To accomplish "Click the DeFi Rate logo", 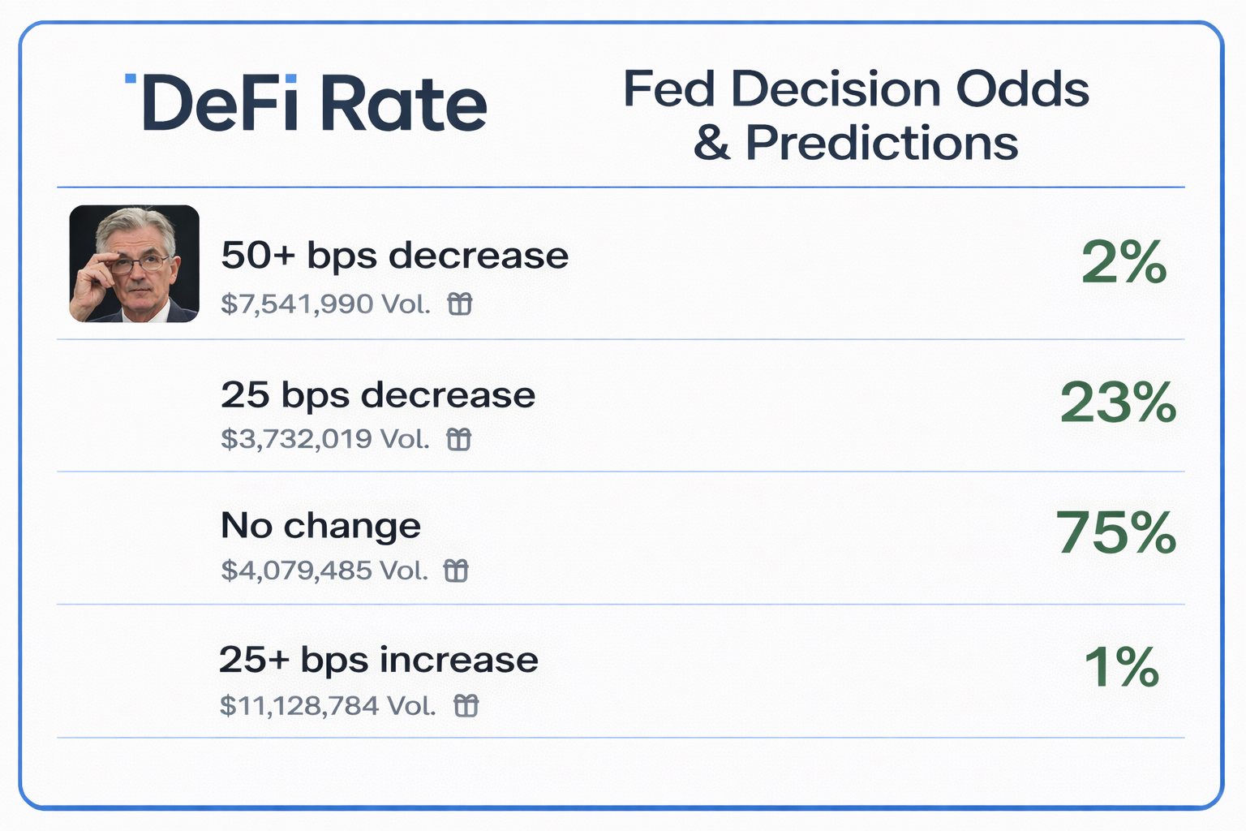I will click(307, 103).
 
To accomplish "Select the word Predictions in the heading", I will click(881, 143).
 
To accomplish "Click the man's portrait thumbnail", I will click(134, 264).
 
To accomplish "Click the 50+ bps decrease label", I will click(394, 256).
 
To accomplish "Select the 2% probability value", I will click(1124, 263).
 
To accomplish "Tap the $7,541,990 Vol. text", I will click(325, 304).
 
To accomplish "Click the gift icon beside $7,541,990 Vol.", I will click(460, 304).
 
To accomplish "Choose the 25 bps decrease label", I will click(378, 395).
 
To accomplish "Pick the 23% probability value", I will click(1118, 403).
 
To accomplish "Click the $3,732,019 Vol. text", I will click(324, 439).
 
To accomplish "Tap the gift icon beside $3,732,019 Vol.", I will click(459, 439).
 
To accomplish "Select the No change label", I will click(320, 526).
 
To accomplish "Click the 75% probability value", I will click(1116, 533).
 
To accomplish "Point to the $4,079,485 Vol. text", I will click(324, 571).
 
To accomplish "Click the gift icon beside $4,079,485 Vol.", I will click(456, 571).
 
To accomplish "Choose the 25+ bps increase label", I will click(378, 660).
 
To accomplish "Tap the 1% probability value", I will click(1122, 667).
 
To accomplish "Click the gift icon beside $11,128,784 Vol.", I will click(466, 705).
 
